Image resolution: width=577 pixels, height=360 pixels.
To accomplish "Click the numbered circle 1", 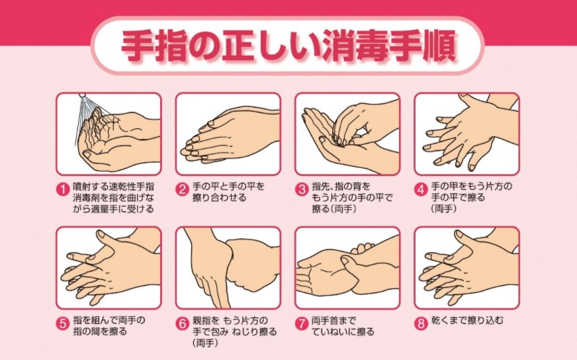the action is pyautogui.click(x=63, y=190).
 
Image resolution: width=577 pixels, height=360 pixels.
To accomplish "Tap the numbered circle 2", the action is pyautogui.click(x=182, y=190).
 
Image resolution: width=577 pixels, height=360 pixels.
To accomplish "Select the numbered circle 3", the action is pyautogui.click(x=302, y=190).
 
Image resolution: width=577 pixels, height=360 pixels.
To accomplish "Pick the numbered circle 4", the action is pyautogui.click(x=422, y=190).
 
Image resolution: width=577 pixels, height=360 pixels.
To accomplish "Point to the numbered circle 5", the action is pyautogui.click(x=63, y=324).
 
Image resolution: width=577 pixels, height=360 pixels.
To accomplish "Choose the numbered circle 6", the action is pyautogui.click(x=182, y=324).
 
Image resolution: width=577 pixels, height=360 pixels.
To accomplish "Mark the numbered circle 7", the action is pyautogui.click(x=302, y=324).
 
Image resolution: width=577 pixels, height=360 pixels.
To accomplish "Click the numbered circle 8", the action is pyautogui.click(x=422, y=324).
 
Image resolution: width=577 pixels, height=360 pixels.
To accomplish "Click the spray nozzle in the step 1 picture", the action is pyautogui.click(x=83, y=95).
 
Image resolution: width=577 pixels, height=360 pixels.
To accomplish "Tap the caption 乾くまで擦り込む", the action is pyautogui.click(x=467, y=320).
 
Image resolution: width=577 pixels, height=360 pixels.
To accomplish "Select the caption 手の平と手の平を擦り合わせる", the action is pyautogui.click(x=228, y=192).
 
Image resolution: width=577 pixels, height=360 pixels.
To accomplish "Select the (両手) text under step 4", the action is pyautogui.click(x=444, y=208).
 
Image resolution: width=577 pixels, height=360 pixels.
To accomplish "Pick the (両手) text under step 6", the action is pyautogui.click(x=205, y=343).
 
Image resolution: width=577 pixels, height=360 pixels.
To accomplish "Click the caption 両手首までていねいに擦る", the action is pyautogui.click(x=343, y=326).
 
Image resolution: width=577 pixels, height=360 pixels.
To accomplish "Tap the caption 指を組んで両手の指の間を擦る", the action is pyautogui.click(x=109, y=326).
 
